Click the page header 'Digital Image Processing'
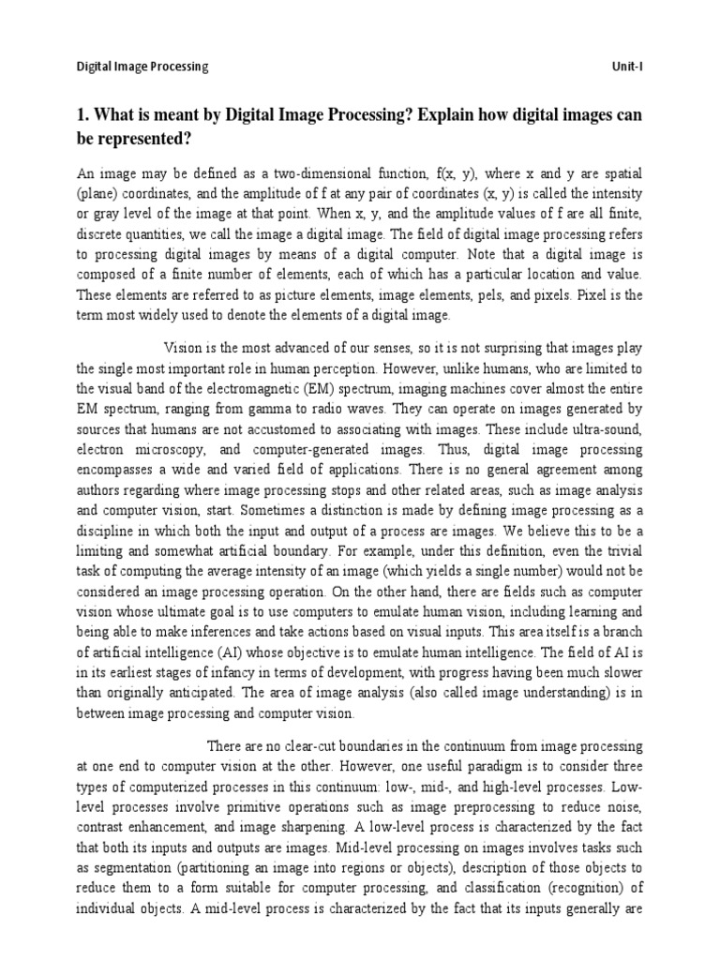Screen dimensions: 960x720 [x=142, y=67]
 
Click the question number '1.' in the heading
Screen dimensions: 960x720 [x=83, y=114]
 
